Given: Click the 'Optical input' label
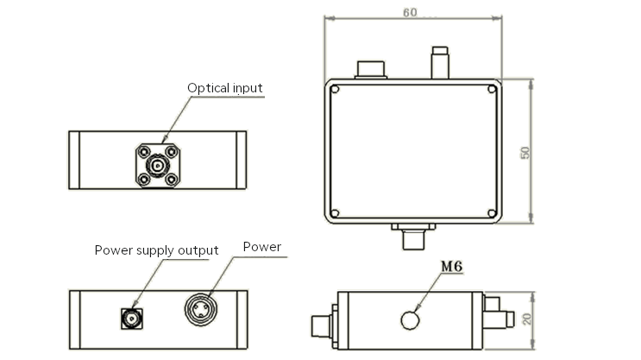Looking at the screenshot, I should [x=225, y=88].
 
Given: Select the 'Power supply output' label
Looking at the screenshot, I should [x=156, y=250].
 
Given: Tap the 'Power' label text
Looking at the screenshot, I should [x=261, y=247].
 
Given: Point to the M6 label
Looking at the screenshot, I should [x=452, y=267].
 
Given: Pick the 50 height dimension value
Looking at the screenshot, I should [x=525, y=151].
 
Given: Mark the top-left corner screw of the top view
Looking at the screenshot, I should [x=335, y=89].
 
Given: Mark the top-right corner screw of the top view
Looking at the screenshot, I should [x=492, y=89].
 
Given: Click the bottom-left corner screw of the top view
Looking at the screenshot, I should [x=335, y=213].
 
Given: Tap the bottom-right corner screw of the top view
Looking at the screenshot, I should [x=492, y=213].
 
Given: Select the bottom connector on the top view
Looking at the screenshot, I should [x=413, y=236].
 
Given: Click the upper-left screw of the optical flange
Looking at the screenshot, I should [x=141, y=149].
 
